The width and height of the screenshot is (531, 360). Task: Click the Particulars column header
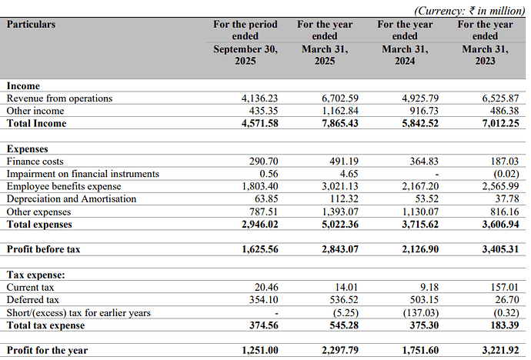pos(31,25)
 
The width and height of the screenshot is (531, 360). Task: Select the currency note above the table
pos(469,11)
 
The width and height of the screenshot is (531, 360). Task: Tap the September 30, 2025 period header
pos(245,42)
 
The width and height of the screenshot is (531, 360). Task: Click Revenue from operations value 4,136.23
pos(259,98)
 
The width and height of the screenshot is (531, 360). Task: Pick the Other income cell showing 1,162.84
pos(339,111)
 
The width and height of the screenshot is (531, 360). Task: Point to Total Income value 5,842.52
pos(420,123)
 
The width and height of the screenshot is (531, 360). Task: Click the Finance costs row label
pos(35,162)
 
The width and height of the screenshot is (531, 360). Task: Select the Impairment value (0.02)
pos(506,174)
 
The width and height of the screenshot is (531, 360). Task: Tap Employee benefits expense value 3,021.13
pos(339,186)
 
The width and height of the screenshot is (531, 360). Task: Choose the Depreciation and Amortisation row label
pos(72,199)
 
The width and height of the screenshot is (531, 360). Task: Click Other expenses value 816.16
pos(505,212)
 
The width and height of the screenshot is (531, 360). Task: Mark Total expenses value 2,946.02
pos(260,225)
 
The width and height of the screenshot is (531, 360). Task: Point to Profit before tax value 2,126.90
pos(420,249)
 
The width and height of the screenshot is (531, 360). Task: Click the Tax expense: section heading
pos(35,275)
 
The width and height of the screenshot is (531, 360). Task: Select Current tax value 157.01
pos(505,287)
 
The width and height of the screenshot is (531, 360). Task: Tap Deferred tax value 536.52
pos(344,300)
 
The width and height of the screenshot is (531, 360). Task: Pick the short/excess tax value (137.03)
pos(421,312)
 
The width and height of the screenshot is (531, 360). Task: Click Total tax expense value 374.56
pos(263,325)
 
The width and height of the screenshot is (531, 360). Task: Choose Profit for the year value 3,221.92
pos(500,350)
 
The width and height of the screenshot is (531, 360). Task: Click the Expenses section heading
pos(28,149)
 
